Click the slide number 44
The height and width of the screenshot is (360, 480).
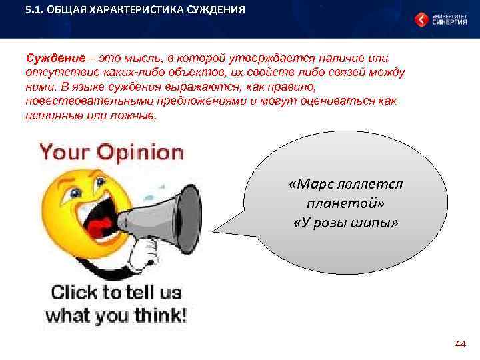[x=459, y=344]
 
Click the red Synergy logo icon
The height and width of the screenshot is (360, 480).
[x=421, y=19]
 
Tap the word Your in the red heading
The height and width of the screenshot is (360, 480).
[x=64, y=152]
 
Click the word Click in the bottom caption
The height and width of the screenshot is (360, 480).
[x=73, y=292]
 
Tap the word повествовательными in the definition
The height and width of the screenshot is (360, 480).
[x=88, y=101]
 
